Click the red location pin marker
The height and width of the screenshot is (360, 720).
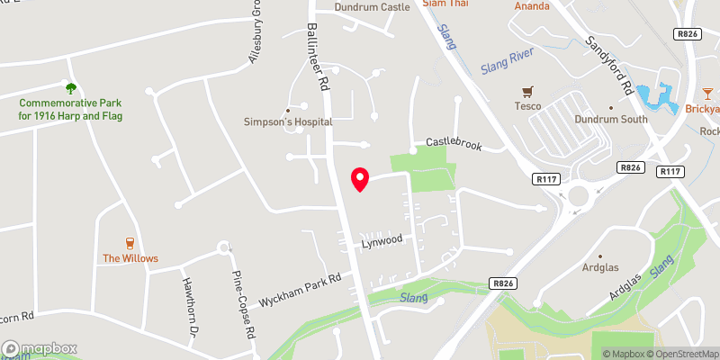(x=360, y=179)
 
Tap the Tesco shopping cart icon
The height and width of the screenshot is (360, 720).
(x=528, y=91)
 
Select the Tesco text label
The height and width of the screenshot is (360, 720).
(x=528, y=107)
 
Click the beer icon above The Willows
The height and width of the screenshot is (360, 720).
(x=130, y=242)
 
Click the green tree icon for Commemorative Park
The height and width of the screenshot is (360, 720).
(x=71, y=87)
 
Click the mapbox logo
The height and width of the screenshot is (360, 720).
(x=40, y=348)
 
